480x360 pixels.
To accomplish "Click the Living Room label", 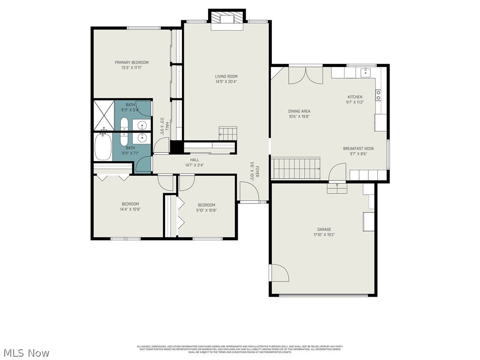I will click(226, 76).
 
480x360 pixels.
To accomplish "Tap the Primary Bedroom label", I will click(132, 62).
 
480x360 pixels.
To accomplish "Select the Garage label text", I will click(324, 229).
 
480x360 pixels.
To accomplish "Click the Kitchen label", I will click(354, 97).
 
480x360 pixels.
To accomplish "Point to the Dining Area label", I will click(299, 111).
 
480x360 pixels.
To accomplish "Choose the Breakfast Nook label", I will click(358, 148).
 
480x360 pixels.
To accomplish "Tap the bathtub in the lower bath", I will click(103, 147).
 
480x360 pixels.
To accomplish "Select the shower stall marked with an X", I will click(104, 114).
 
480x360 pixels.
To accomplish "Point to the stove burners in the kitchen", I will click(378, 95).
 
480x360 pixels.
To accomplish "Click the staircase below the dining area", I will click(296, 169).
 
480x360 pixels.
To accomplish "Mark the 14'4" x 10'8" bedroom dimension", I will click(130, 209).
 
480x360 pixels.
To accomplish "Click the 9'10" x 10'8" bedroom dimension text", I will click(206, 210).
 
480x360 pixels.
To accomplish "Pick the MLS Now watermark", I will click(26, 352).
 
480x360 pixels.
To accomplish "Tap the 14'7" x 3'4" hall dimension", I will click(195, 165).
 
